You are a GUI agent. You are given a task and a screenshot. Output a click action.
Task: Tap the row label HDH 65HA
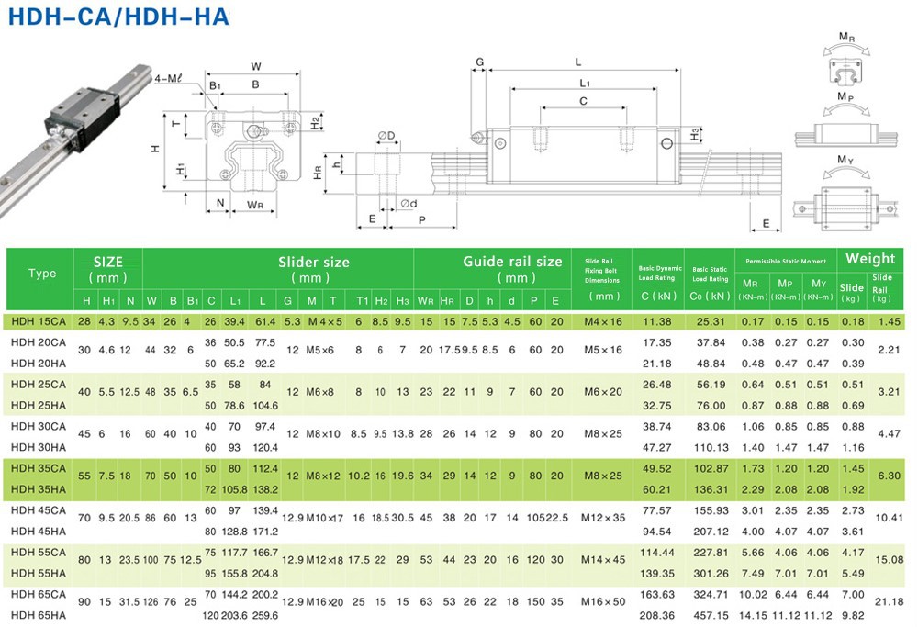(39, 615)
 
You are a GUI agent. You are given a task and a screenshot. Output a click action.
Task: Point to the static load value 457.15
(711, 615)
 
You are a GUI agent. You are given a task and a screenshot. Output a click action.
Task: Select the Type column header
(42, 274)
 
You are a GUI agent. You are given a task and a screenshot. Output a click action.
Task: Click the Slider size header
(314, 262)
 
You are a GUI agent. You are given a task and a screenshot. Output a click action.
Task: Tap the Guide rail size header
(512, 262)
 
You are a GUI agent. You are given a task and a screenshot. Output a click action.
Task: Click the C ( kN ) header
(657, 296)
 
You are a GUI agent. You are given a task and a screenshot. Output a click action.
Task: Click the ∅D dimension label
(386, 137)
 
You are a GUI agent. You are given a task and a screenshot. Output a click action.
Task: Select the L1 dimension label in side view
(584, 84)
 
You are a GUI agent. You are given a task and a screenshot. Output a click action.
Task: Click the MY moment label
(846, 159)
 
